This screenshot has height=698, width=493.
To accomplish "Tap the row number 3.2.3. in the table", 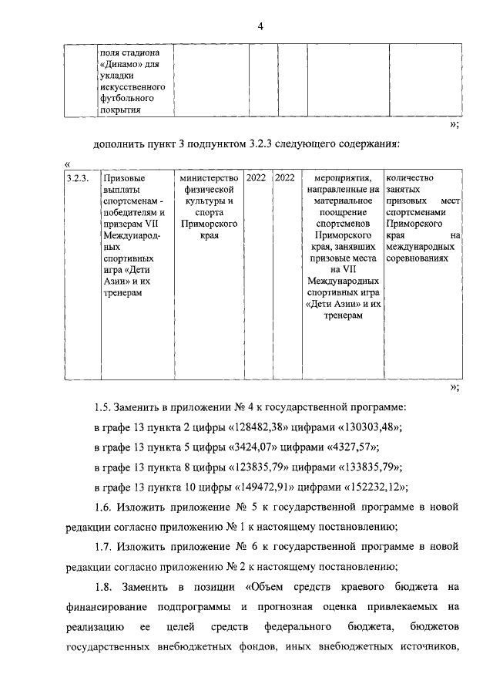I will pyautogui.click(x=78, y=178).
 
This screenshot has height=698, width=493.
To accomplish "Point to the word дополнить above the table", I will pyautogui.click(x=117, y=143).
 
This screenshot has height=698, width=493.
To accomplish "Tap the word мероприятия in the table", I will pyautogui.click(x=340, y=178).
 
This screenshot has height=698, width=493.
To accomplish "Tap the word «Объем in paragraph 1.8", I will pyautogui.click(x=264, y=588).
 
